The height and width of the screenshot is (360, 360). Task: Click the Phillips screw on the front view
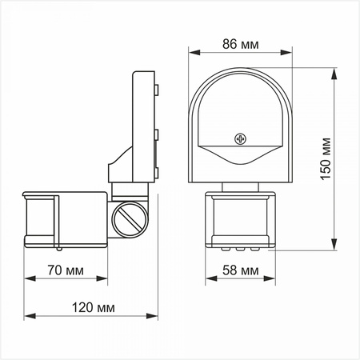[238, 139]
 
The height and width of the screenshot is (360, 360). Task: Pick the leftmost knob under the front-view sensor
[226, 247]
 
